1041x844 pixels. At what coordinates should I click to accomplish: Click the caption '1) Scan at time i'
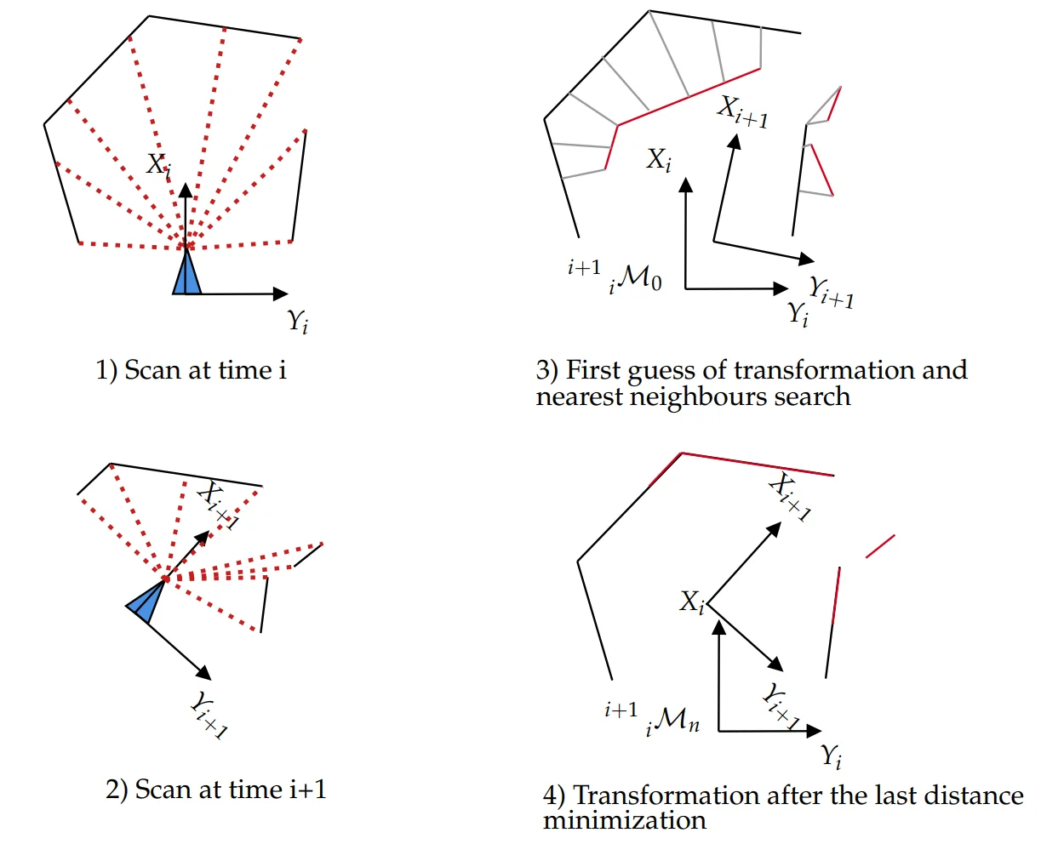(x=191, y=370)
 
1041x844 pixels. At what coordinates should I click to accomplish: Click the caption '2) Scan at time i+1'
(x=216, y=790)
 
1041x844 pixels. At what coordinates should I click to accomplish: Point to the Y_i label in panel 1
(x=297, y=322)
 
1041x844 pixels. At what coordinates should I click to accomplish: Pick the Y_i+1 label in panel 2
(x=207, y=714)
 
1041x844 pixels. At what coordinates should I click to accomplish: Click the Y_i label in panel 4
(x=832, y=755)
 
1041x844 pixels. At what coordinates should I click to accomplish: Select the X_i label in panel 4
(x=692, y=602)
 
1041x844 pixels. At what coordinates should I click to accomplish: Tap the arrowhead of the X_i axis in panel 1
(x=186, y=190)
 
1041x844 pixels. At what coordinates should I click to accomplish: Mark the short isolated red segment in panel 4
(x=880, y=546)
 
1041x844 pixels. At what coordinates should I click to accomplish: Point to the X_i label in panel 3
(x=659, y=159)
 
